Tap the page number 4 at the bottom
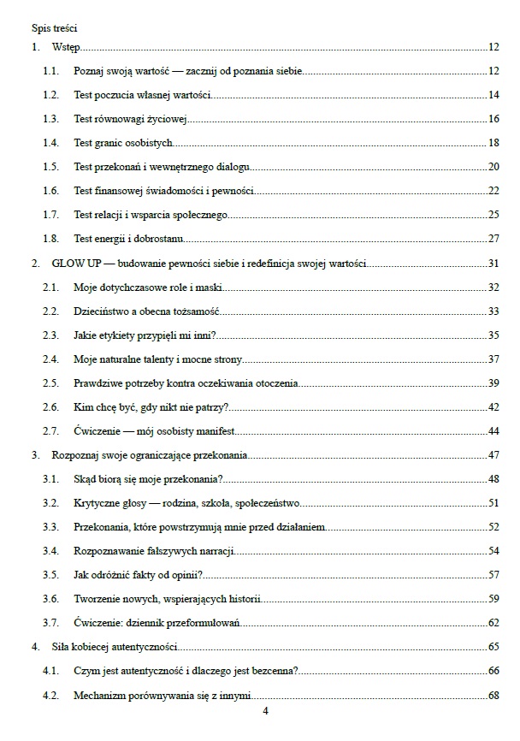[265, 711]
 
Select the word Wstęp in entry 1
[65, 47]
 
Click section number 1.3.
[50, 118]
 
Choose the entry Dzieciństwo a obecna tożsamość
[147, 311]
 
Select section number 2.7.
[50, 430]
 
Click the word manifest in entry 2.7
[216, 430]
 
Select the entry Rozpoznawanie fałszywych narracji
[155, 550]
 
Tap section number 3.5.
[50, 574]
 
